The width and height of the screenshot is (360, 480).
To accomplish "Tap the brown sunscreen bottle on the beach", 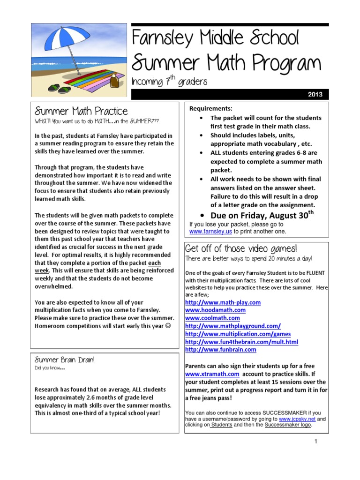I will [113, 83].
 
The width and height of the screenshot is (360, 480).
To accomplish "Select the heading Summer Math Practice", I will [81, 111].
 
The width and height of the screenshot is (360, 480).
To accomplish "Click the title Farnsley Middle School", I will [215, 38].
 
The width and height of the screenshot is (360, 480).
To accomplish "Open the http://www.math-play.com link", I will [223, 302].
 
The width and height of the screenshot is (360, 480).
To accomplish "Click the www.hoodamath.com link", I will [215, 310].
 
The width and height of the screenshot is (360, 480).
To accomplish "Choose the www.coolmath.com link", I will [212, 318].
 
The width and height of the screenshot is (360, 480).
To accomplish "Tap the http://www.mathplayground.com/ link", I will [233, 326].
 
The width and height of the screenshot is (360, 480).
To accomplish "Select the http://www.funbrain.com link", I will [221, 350].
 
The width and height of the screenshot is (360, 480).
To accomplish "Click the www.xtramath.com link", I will [212, 374].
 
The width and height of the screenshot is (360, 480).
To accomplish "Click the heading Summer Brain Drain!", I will [65, 360].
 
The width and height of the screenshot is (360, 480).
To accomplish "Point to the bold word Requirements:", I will [210, 109].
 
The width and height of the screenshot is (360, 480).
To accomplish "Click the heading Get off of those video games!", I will [241, 248].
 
